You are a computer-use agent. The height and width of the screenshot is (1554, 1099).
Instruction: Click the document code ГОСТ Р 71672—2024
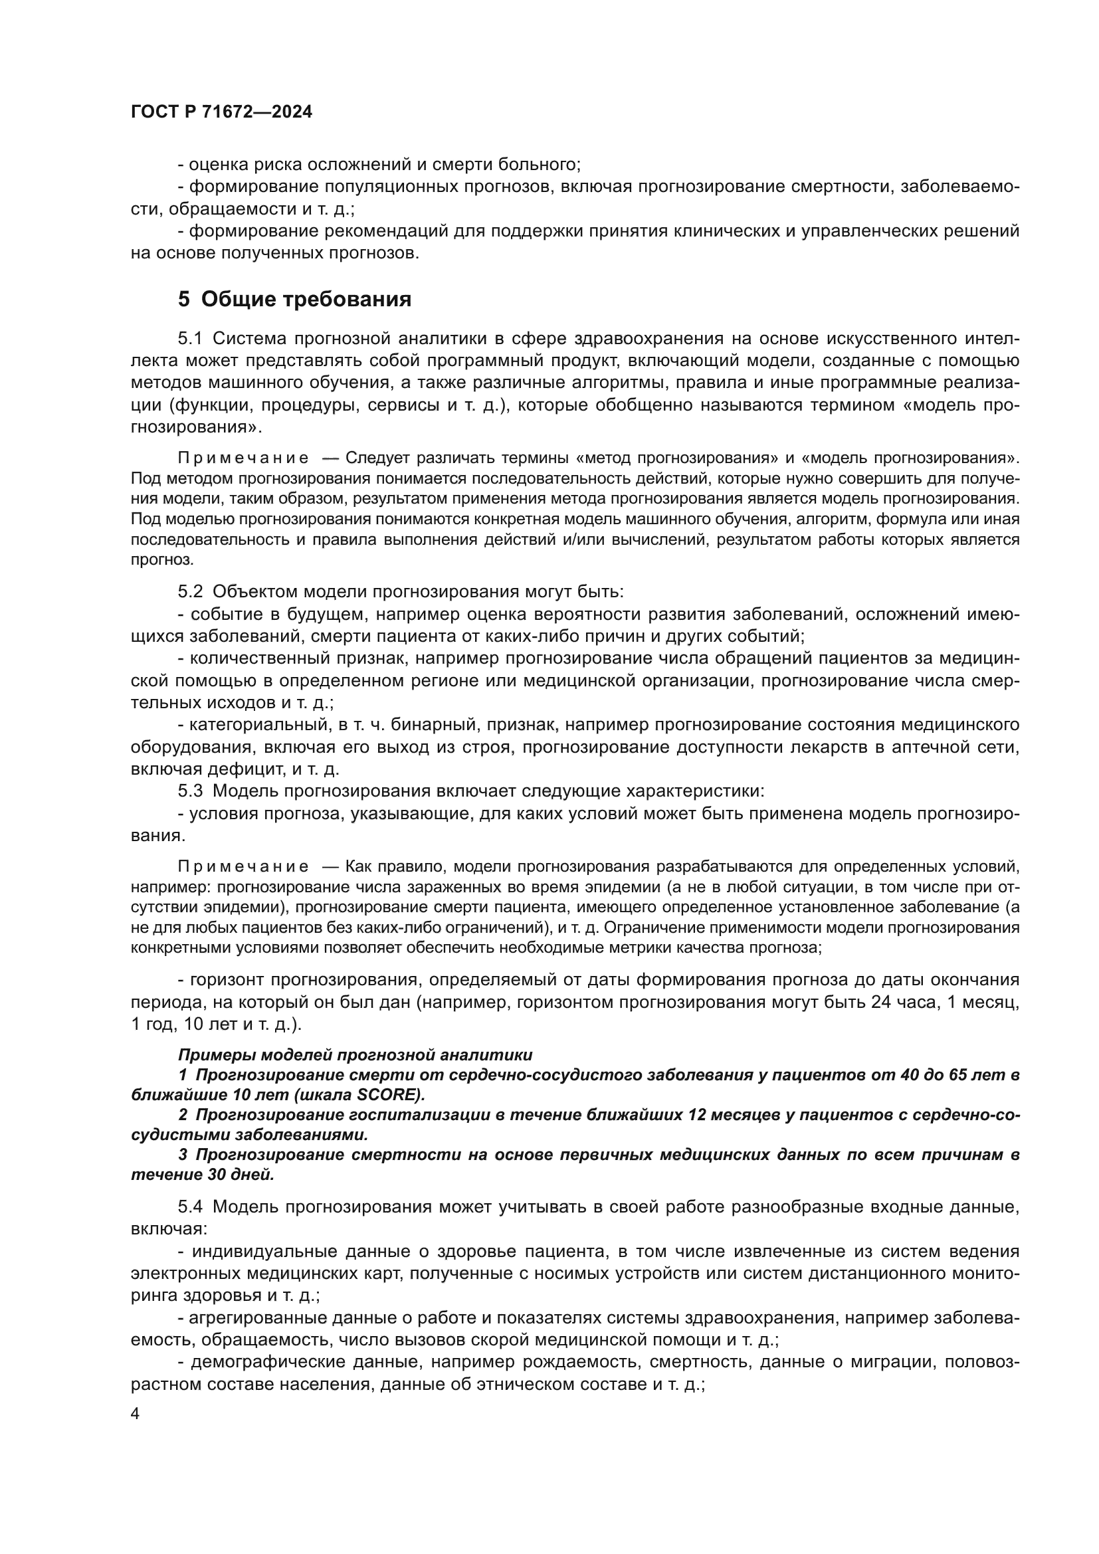pyautogui.click(x=221, y=112)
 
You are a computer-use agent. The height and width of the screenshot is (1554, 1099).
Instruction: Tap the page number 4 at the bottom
pyautogui.click(x=135, y=1414)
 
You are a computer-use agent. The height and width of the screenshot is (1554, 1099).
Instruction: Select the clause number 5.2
pyautogui.click(x=190, y=591)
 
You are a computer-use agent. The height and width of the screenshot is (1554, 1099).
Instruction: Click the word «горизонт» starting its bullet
pyautogui.click(x=226, y=979)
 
